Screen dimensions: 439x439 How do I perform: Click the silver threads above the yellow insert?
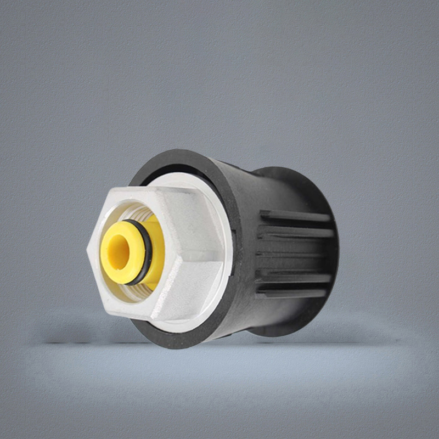(x=137, y=211)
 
